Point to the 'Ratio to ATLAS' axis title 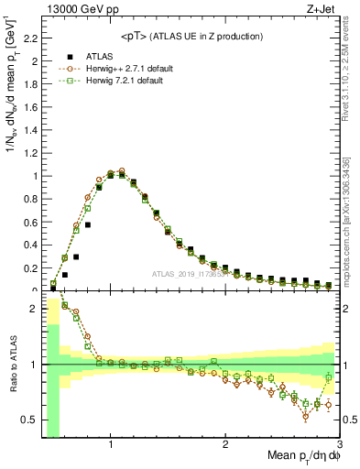pyautogui.click(x=12, y=365)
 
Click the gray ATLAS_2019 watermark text pyautogui.click(x=189, y=275)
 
